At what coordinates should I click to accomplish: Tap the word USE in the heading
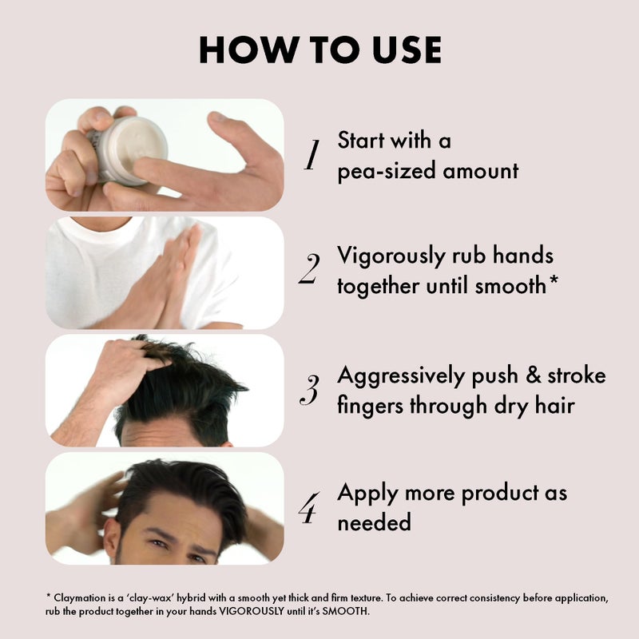click(x=407, y=50)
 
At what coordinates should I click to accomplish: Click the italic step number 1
click(x=312, y=154)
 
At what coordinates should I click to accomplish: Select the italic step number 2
click(x=309, y=268)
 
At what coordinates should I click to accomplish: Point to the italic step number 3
click(x=309, y=390)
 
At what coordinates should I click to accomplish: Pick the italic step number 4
click(x=309, y=507)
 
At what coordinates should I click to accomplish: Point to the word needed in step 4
click(x=374, y=522)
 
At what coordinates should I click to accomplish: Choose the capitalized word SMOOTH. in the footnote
click(x=346, y=611)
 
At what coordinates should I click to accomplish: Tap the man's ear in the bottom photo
click(x=112, y=538)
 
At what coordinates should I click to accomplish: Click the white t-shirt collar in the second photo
click(x=97, y=233)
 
